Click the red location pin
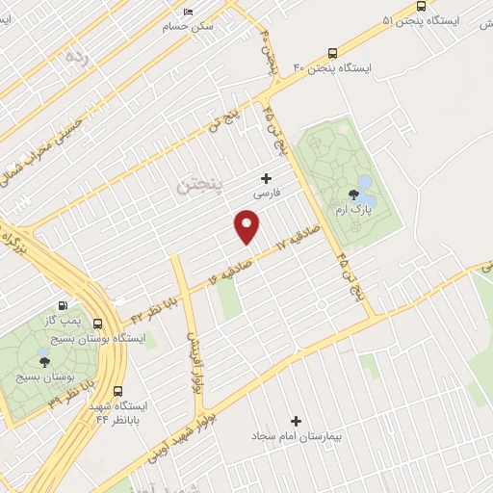247,226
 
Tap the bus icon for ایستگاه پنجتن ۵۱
421,6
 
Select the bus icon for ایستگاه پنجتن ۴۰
332,53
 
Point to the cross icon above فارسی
267,178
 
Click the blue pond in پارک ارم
365,183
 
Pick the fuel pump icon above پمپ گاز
64,305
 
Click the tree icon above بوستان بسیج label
44,362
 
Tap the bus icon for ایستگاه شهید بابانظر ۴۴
118,392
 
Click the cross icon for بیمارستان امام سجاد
296,421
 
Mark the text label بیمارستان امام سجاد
297,436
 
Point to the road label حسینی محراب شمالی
48,144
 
